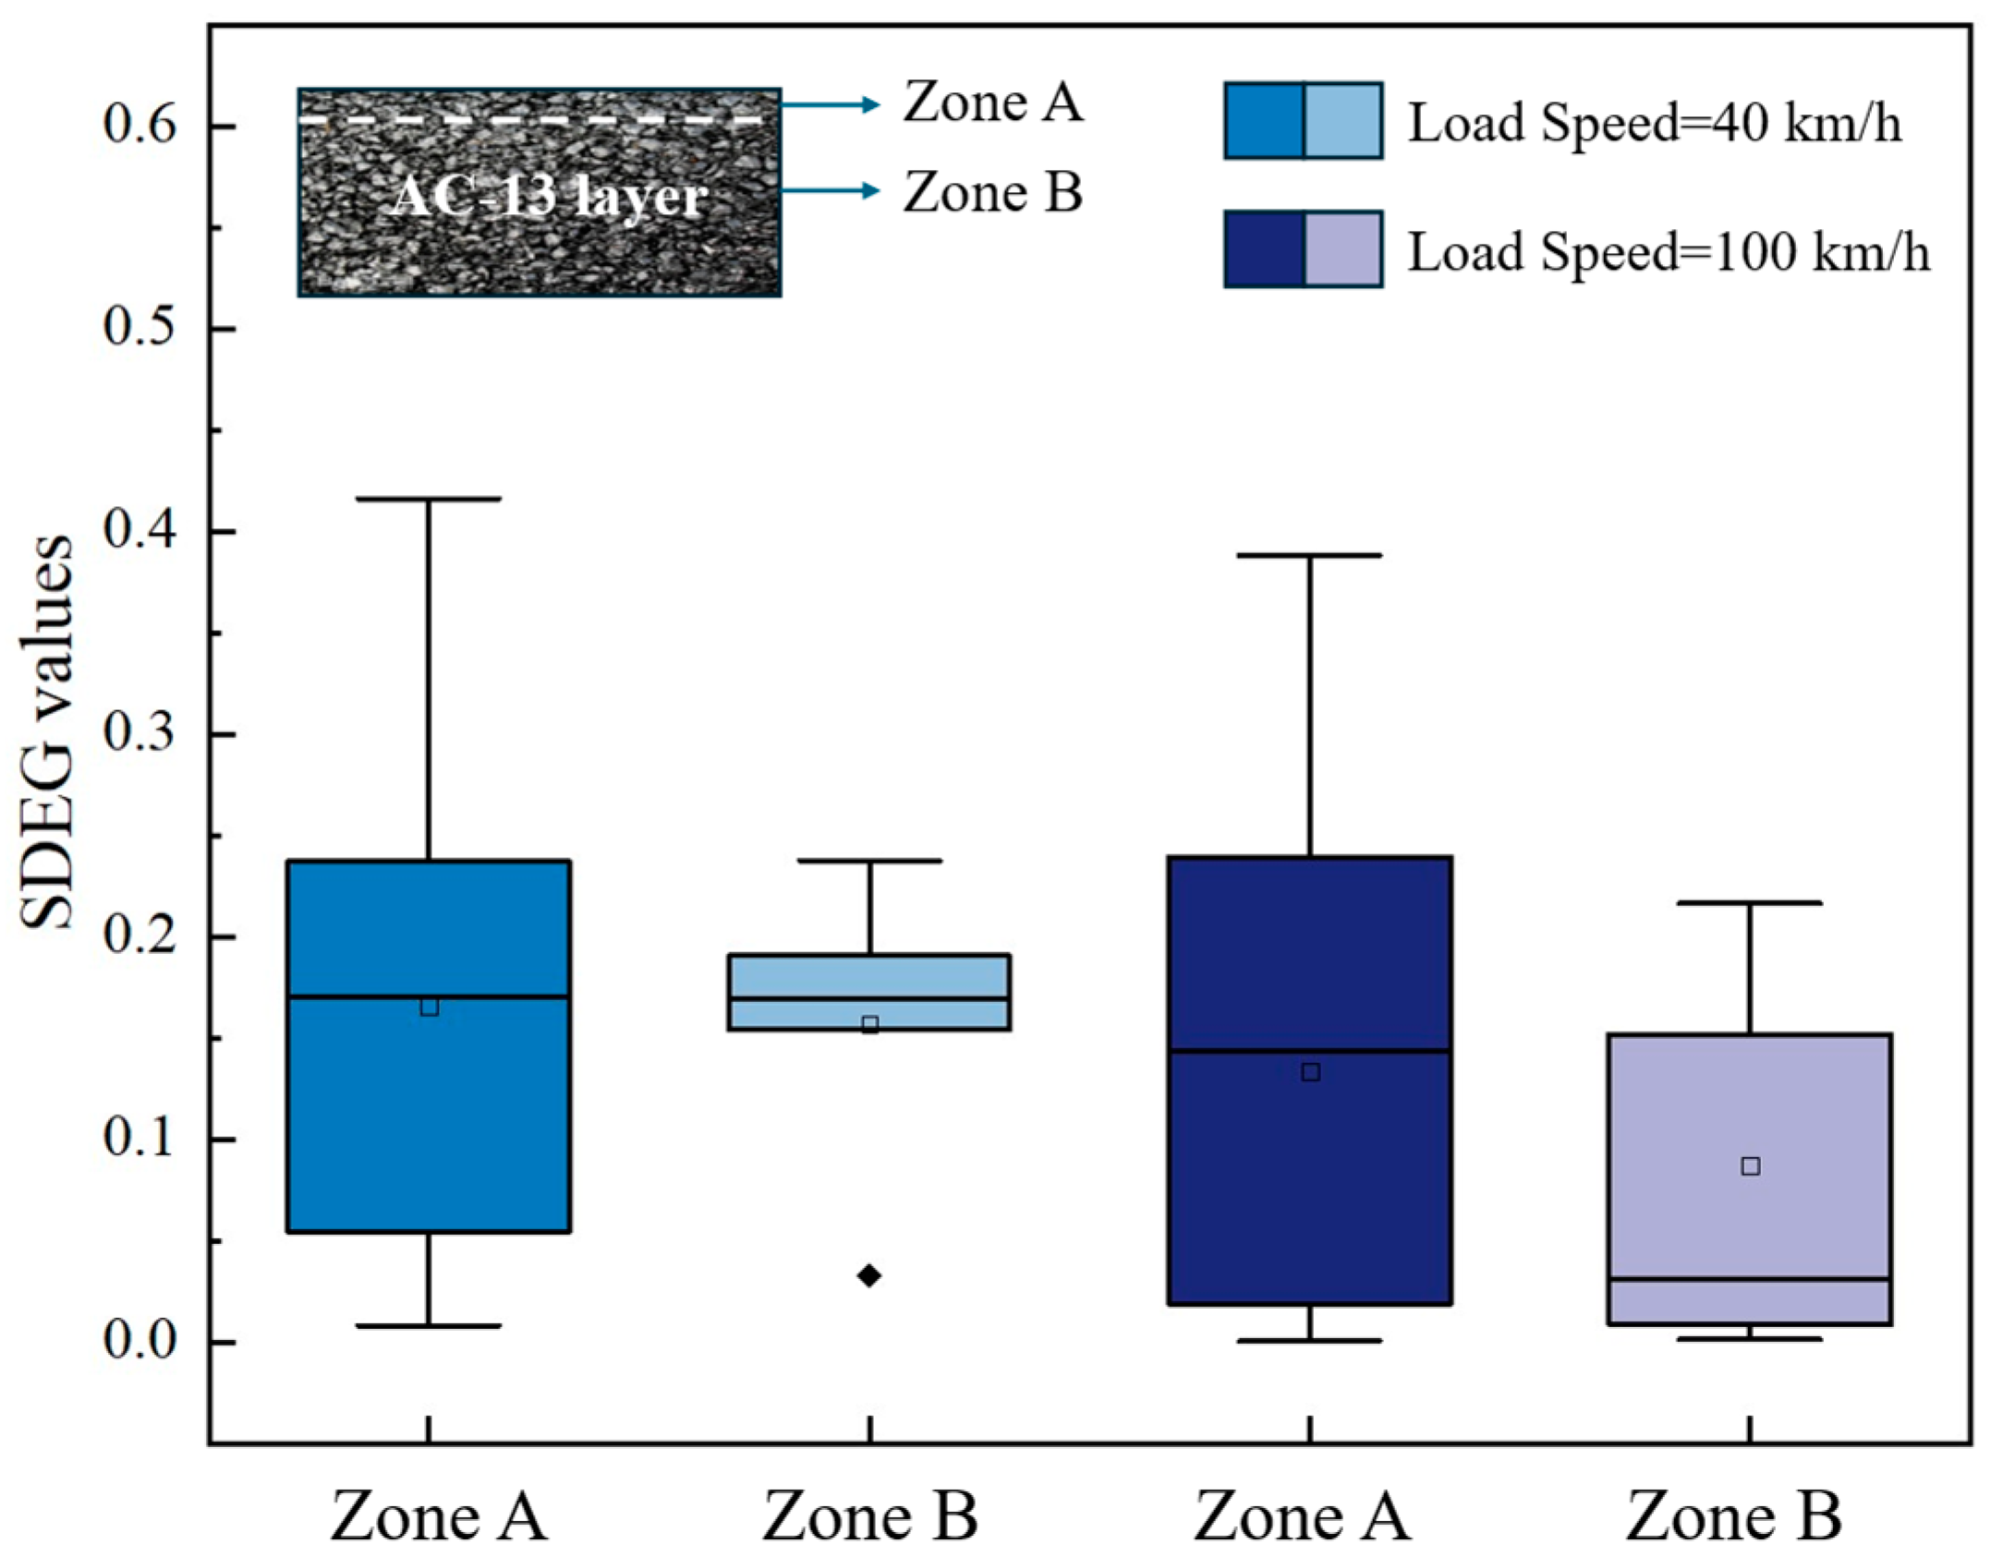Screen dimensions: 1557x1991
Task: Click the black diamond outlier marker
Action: tap(868, 1275)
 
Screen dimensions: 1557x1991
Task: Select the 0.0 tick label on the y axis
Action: tap(139, 1341)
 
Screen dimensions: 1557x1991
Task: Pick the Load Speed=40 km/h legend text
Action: tap(1654, 122)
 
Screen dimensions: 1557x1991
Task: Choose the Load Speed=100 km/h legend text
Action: tap(1669, 251)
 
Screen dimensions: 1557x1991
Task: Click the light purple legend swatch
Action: tap(1342, 249)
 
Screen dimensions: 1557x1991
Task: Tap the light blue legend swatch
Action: tap(1342, 120)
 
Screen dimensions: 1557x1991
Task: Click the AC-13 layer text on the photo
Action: tap(550, 197)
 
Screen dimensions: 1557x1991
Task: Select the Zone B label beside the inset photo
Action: tap(992, 192)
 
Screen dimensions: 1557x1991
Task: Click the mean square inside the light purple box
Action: tap(1750, 1166)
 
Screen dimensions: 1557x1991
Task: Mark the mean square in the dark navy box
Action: tap(1310, 1072)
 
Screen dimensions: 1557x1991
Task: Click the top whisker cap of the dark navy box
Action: tap(1310, 555)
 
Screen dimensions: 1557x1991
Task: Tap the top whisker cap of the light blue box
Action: tap(869, 861)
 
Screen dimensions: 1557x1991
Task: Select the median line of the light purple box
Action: tap(1750, 1279)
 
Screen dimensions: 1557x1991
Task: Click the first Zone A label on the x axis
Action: tap(439, 1516)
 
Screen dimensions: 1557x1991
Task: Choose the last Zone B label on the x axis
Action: tap(1733, 1516)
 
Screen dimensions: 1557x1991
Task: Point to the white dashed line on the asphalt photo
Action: tap(536, 121)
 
